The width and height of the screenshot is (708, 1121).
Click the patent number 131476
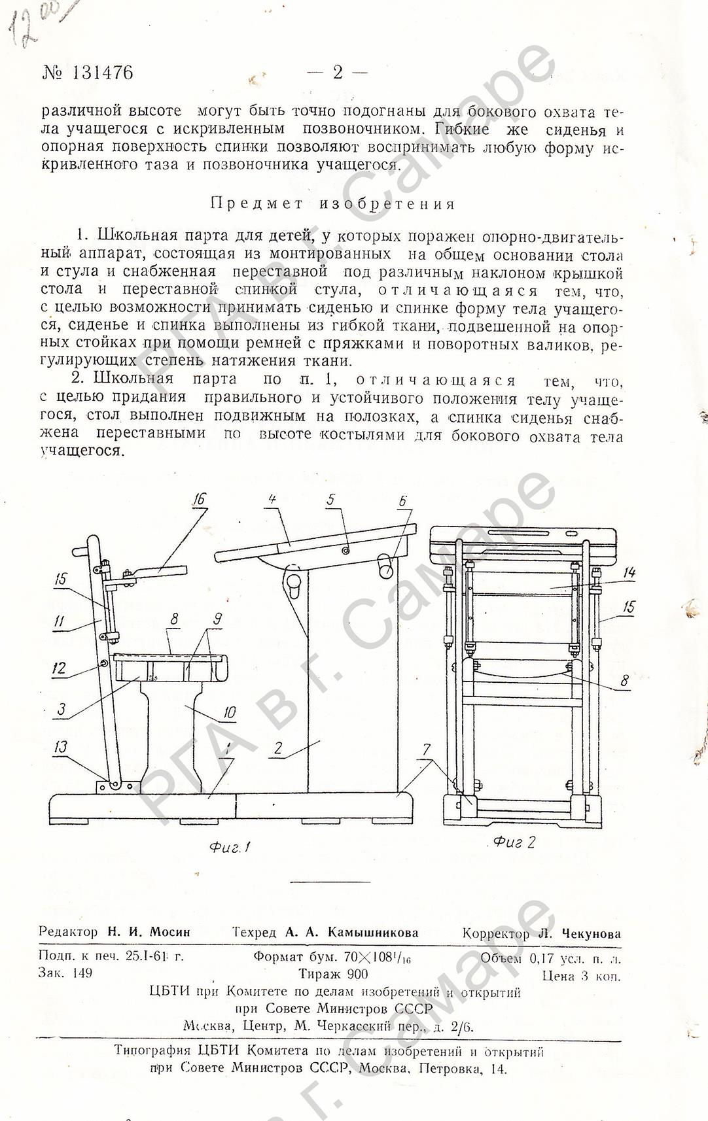[x=103, y=73]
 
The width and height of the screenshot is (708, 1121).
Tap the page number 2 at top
[x=338, y=73]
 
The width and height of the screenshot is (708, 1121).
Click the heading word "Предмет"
[x=257, y=204]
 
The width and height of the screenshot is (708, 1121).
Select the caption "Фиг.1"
[x=230, y=847]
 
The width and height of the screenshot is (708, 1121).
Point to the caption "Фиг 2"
[x=514, y=842]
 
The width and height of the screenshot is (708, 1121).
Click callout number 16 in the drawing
[x=200, y=499]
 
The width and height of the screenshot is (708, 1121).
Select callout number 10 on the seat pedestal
[x=229, y=712]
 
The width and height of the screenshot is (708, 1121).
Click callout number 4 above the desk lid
[x=273, y=499]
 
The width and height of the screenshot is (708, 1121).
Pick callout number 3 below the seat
[x=61, y=709]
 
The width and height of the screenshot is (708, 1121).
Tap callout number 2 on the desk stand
[x=278, y=748]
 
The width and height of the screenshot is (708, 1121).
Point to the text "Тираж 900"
[x=334, y=974]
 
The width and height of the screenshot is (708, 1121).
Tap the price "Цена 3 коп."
[x=581, y=976]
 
